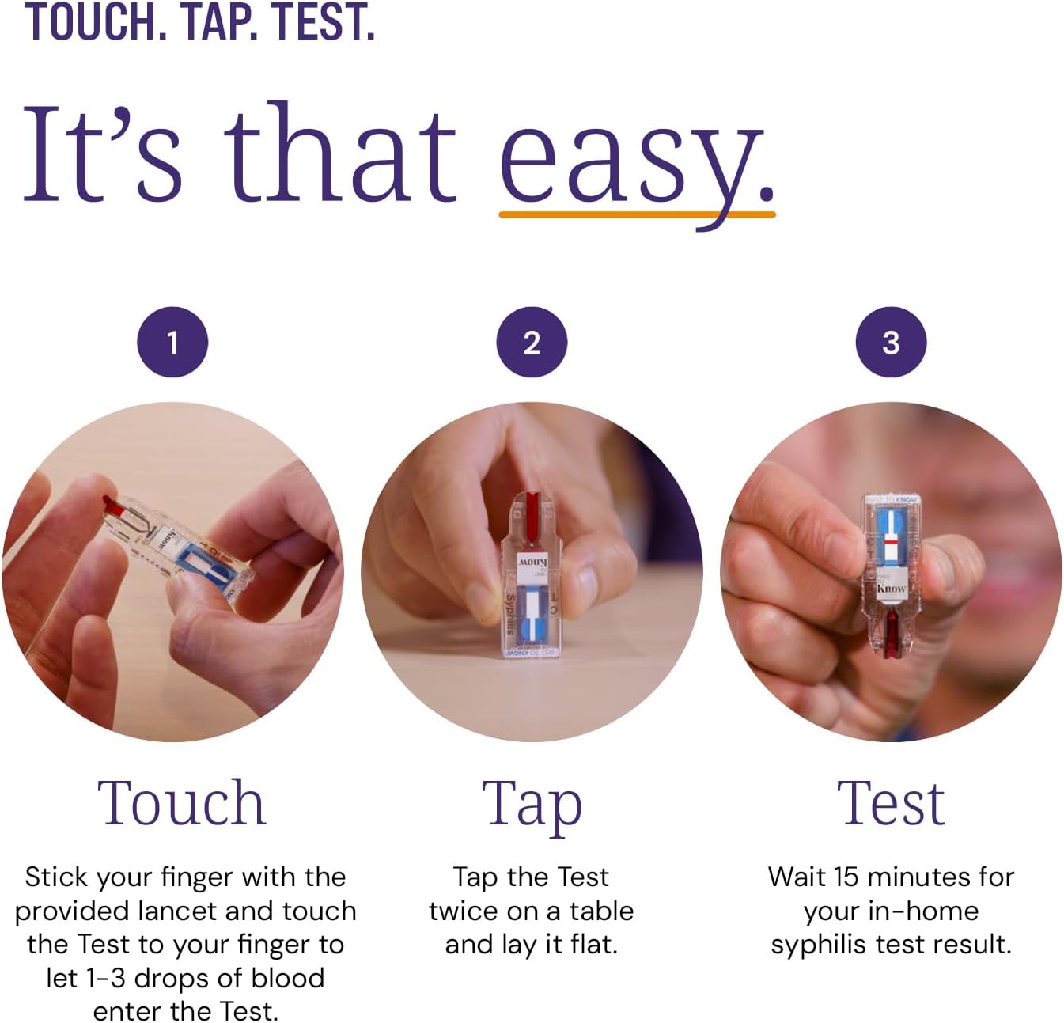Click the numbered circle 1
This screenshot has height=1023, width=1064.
click(172, 343)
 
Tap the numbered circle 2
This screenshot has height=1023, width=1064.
click(532, 343)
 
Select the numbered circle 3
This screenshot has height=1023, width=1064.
click(891, 343)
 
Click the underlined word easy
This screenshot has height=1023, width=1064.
click(637, 164)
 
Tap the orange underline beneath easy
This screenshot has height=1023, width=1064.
click(637, 214)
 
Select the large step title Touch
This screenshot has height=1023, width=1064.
click(181, 802)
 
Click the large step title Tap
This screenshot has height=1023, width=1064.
click(532, 808)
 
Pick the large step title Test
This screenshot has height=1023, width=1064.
click(892, 802)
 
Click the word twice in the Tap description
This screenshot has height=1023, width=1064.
click(464, 911)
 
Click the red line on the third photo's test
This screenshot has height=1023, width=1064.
click(891, 541)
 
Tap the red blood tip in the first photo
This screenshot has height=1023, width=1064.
click(112, 506)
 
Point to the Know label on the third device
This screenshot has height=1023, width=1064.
click(892, 589)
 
